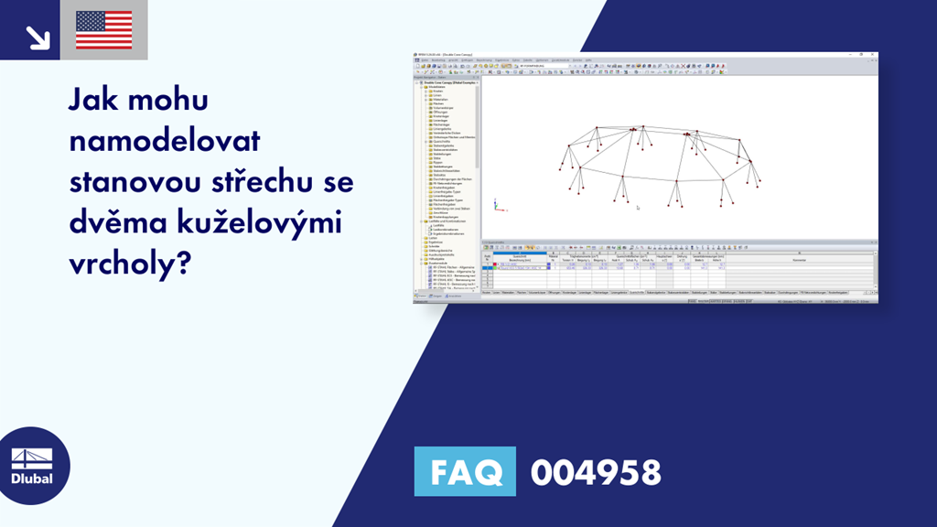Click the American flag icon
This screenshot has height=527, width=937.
pyautogui.click(x=103, y=29)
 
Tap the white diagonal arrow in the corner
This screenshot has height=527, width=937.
pyautogui.click(x=37, y=37)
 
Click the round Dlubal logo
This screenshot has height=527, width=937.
pyautogui.click(x=35, y=466)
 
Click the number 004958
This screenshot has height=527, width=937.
pyautogui.click(x=596, y=472)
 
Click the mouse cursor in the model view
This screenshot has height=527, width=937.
pyautogui.click(x=638, y=208)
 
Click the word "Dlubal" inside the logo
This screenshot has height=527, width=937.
pyautogui.click(x=35, y=479)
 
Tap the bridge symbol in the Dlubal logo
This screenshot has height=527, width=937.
pyautogui.click(x=35, y=456)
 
